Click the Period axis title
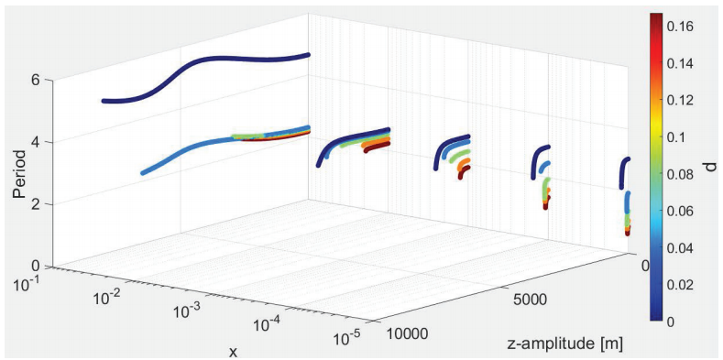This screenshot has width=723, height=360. point(18,173)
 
